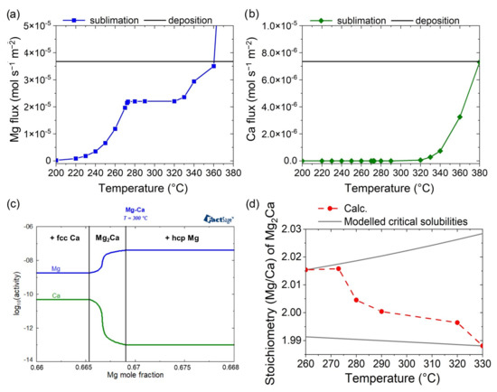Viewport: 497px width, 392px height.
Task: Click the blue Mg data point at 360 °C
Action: click(213, 66)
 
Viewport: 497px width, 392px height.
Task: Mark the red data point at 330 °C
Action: click(479, 344)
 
